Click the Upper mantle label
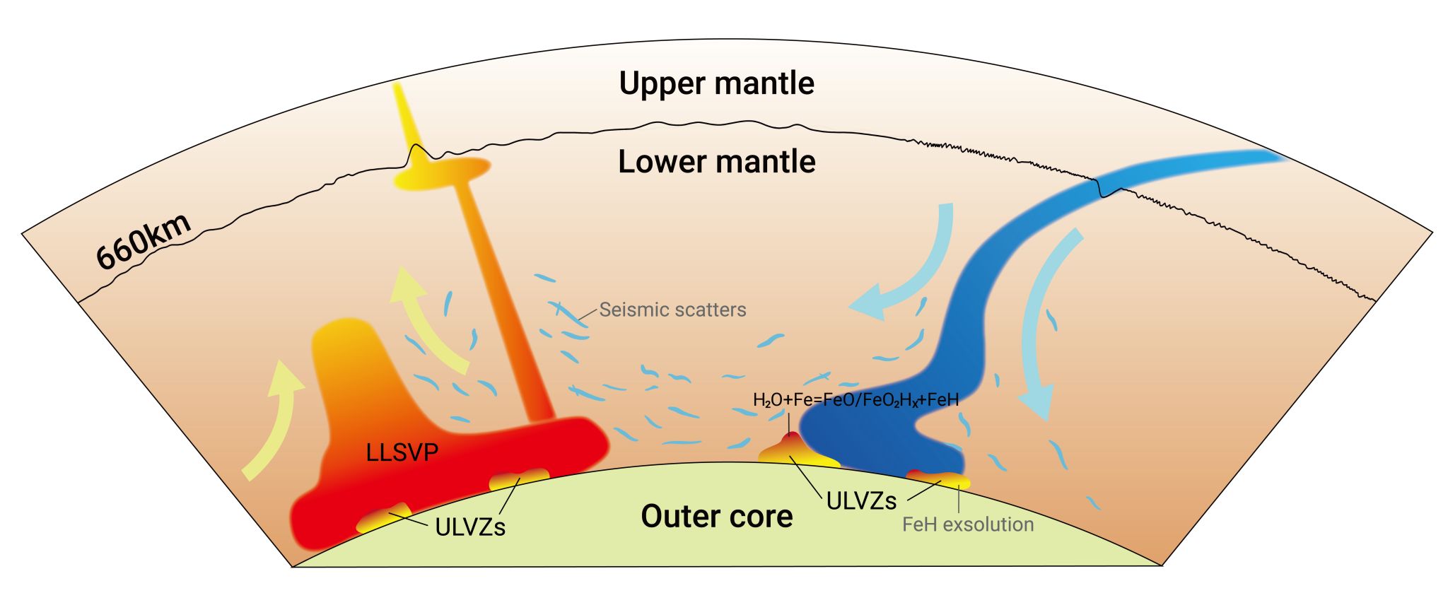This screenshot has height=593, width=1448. click(716, 83)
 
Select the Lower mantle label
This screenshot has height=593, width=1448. click(716, 162)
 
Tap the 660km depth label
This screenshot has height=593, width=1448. click(144, 241)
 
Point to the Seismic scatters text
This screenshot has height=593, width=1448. click(672, 310)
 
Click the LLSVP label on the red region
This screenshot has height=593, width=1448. click(402, 452)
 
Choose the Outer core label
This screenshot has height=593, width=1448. click(716, 517)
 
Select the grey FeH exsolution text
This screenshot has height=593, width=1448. click(968, 524)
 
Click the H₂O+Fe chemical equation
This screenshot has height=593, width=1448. click(856, 400)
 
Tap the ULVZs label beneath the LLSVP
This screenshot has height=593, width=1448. click(470, 527)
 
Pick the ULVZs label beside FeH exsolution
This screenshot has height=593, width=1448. click(861, 501)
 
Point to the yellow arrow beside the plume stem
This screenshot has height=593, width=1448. click(428, 318)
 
